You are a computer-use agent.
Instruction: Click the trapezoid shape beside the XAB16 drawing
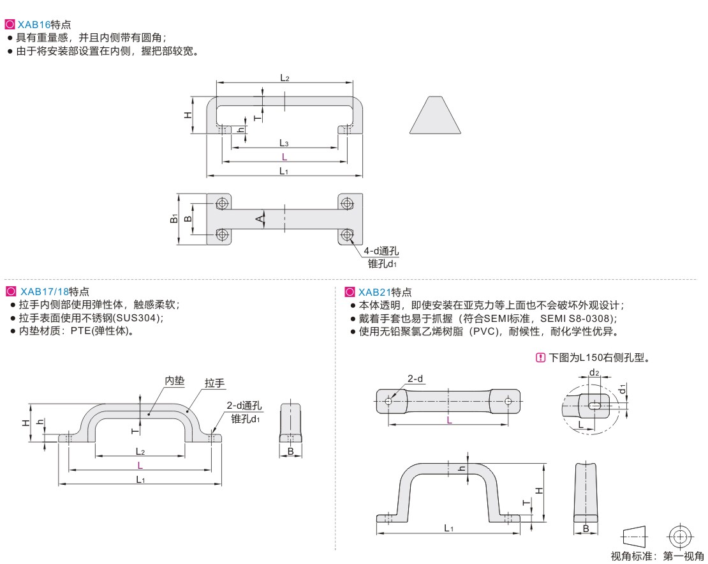point(436,116)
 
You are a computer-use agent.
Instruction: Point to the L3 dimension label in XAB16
point(284,142)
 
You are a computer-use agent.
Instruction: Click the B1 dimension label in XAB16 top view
point(173,219)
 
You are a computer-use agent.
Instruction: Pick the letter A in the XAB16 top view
point(260,219)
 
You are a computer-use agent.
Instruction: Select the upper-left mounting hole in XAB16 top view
point(222,204)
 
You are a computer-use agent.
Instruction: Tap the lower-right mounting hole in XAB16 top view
point(347,234)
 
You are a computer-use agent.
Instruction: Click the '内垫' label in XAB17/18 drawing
point(174,381)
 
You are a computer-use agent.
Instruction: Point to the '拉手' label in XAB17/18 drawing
point(214,383)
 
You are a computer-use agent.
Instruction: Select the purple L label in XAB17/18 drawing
point(140,465)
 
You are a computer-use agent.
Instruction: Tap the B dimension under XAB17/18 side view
point(290,452)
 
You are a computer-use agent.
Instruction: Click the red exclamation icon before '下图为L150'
point(540,358)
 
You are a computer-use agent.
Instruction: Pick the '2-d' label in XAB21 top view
point(415,379)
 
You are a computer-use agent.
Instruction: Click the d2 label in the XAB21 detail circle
point(594,372)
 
